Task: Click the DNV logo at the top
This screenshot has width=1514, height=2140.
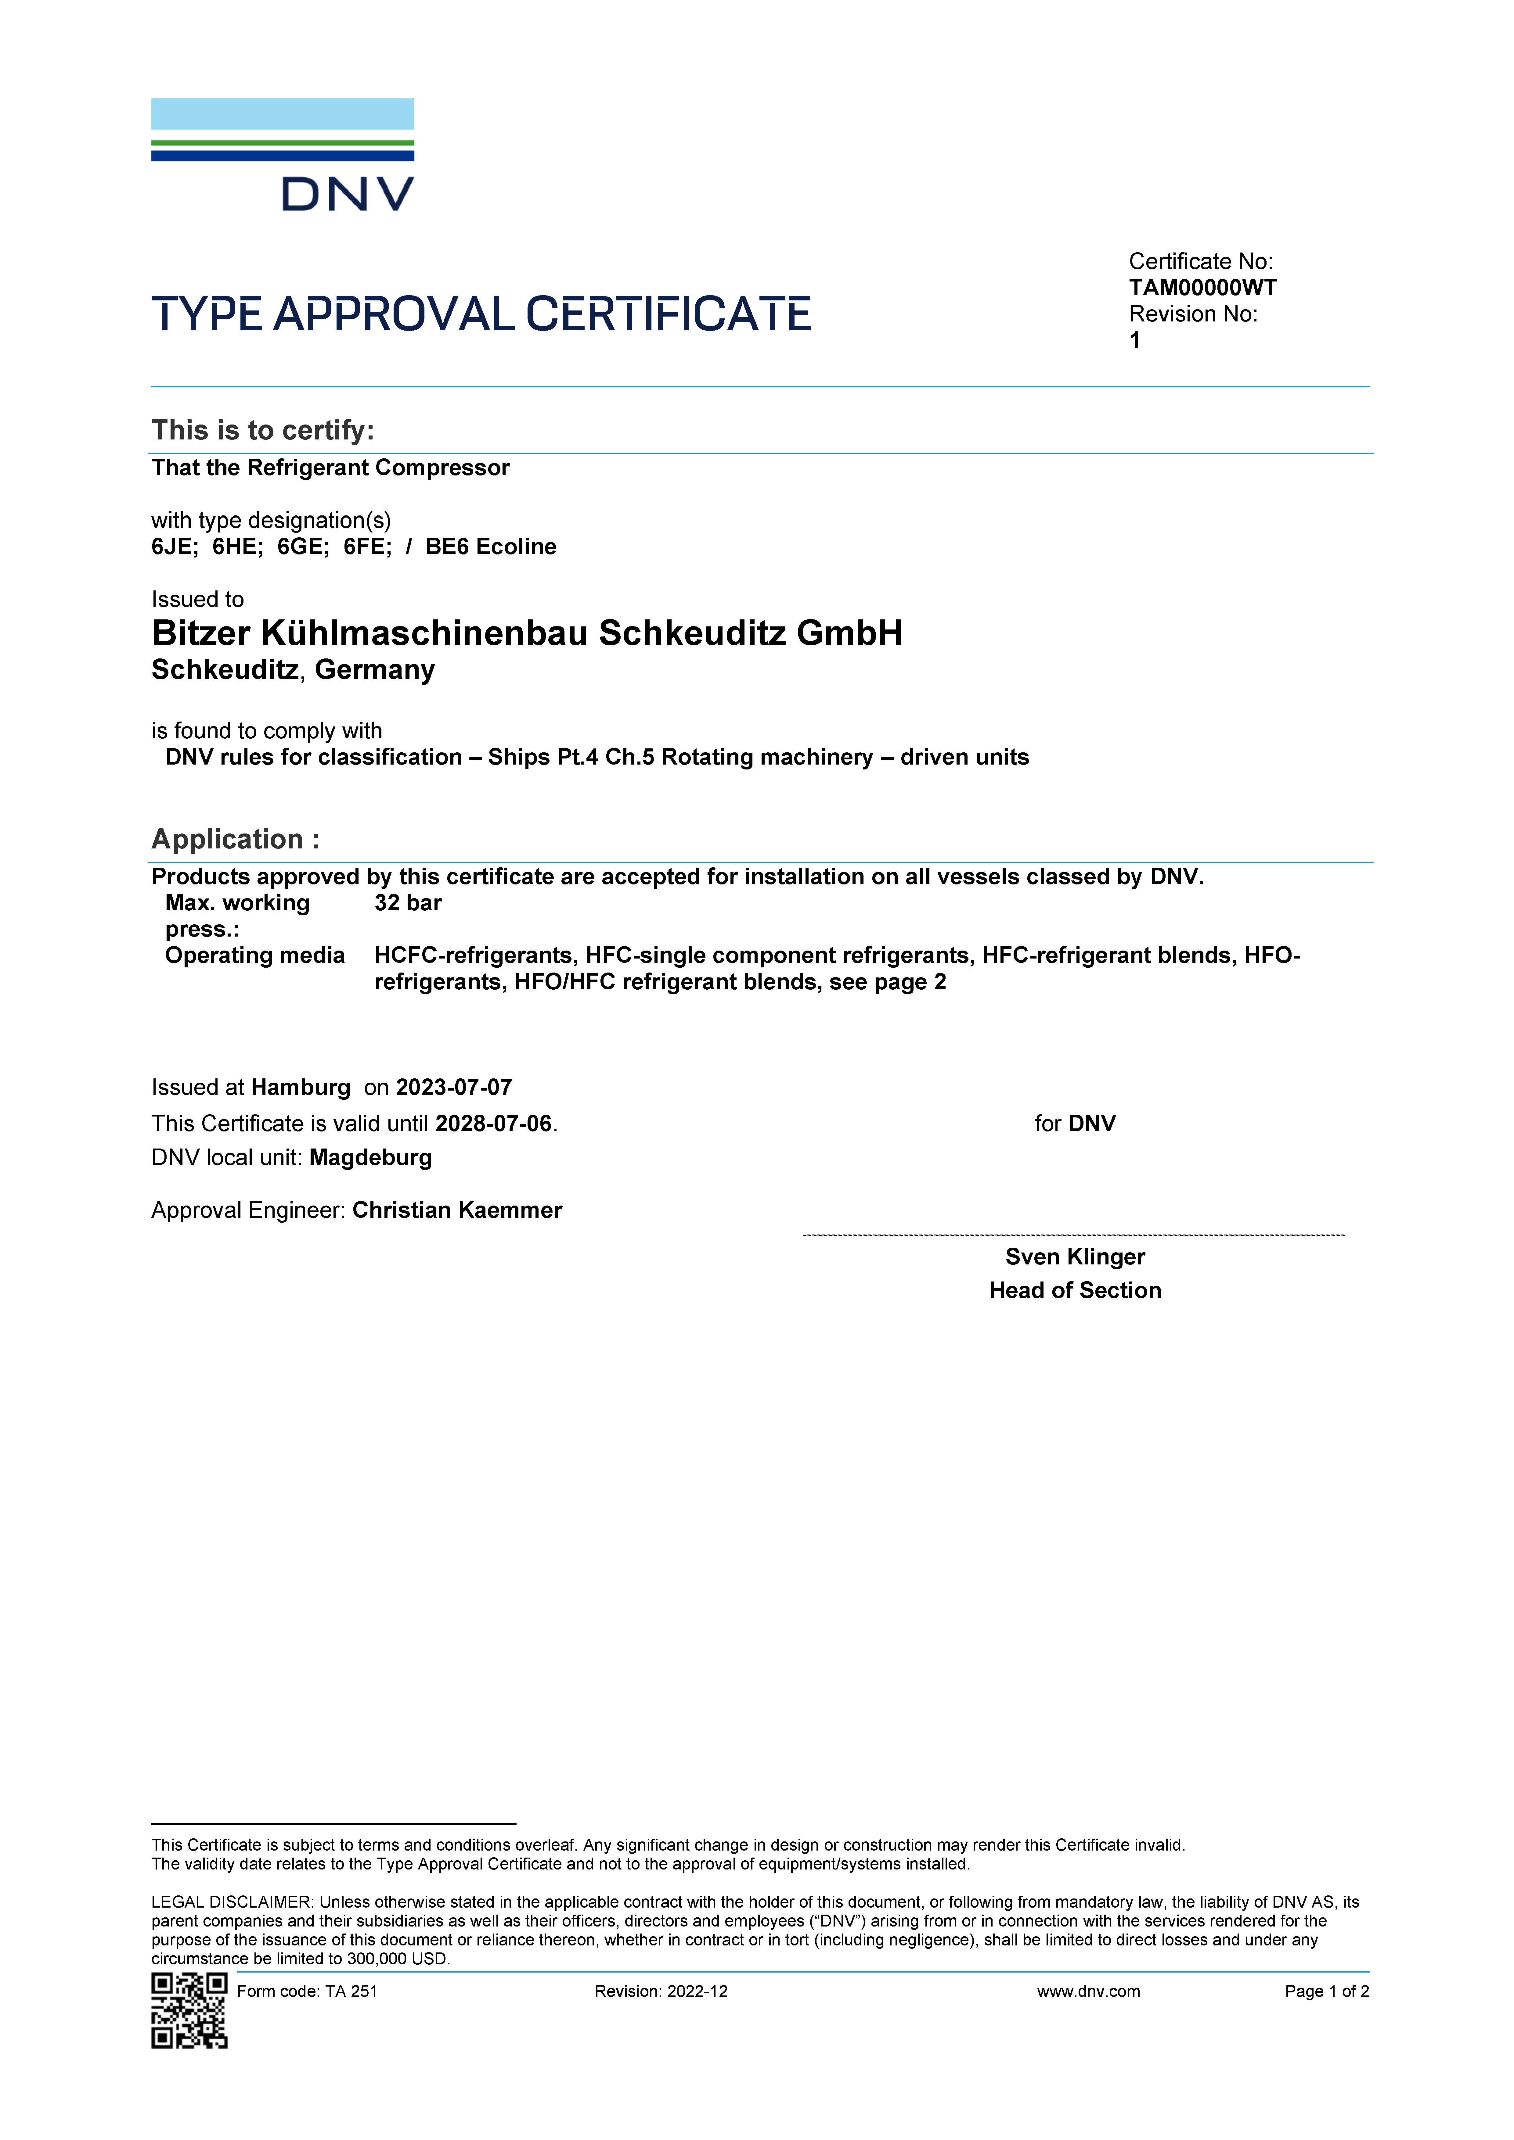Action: point(283,155)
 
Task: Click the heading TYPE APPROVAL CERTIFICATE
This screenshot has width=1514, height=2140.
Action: point(481,314)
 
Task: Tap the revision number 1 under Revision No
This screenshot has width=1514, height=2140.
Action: point(1134,340)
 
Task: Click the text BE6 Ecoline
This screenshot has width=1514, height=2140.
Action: point(490,547)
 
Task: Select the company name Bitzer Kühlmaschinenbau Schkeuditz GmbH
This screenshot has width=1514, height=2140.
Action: point(527,634)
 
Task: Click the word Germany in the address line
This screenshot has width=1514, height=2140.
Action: point(375,670)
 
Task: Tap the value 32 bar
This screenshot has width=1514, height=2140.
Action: point(407,903)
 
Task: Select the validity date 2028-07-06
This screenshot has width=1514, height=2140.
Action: point(493,1124)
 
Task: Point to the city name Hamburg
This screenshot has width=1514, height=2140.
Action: point(300,1088)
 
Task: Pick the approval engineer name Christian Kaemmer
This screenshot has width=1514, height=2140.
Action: point(457,1211)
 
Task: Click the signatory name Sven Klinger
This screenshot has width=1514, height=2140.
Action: point(1075,1257)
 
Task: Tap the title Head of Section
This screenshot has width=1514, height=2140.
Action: point(1075,1291)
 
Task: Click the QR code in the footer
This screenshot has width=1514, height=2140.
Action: point(189,2010)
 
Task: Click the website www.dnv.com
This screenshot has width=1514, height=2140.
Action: point(1088,1992)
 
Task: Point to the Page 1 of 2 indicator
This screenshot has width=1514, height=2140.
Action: point(1326,1992)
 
